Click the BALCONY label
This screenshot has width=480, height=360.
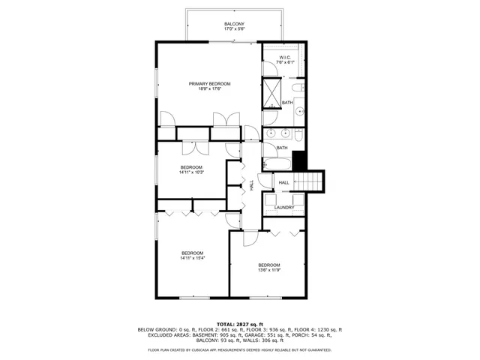pyautogui.click(x=234, y=25)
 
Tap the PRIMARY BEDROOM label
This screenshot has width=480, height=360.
pyautogui.click(x=209, y=83)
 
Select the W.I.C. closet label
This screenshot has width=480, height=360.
pyautogui.click(x=286, y=57)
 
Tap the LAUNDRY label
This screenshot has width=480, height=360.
pyautogui.click(x=284, y=208)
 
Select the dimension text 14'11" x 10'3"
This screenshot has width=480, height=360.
pyautogui.click(x=191, y=172)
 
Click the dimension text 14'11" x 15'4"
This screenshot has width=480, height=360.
pyautogui.click(x=193, y=258)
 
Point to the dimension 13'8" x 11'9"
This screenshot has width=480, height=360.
pyautogui.click(x=269, y=270)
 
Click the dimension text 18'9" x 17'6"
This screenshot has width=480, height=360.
pyautogui.click(x=209, y=89)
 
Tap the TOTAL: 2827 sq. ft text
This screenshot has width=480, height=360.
pyautogui.click(x=239, y=323)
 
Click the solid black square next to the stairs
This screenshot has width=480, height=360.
pyautogui.click(x=300, y=160)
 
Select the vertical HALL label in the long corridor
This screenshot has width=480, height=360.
pyautogui.click(x=252, y=182)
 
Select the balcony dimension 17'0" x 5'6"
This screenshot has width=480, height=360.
pyautogui.click(x=234, y=30)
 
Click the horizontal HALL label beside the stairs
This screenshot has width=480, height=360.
pyautogui.click(x=284, y=182)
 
